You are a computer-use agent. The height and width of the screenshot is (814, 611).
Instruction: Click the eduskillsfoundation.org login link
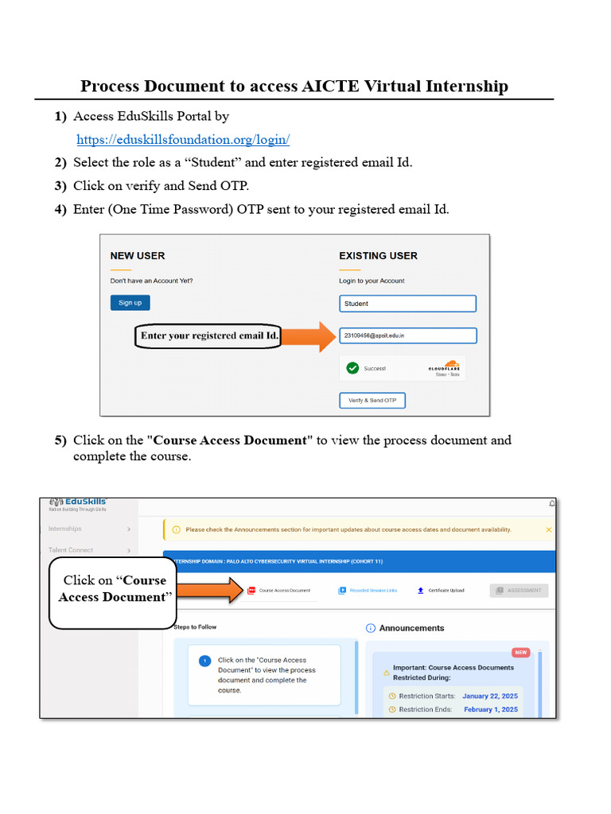[183, 140]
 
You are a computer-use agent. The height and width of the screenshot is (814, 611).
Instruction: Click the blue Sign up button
[130, 303]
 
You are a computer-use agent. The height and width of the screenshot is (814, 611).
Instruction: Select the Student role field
[407, 304]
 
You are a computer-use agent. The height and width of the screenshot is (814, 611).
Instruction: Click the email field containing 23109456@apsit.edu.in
[407, 336]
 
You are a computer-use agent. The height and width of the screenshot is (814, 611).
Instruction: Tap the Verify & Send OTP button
[372, 401]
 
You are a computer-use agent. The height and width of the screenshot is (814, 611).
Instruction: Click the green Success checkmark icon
[352, 368]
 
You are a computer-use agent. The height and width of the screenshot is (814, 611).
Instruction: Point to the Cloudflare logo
[444, 368]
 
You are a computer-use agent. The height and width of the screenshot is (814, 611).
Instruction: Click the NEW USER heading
[138, 256]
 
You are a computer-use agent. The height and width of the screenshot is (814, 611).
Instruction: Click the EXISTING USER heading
[378, 256]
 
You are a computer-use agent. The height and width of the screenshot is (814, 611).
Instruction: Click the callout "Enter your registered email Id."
[209, 336]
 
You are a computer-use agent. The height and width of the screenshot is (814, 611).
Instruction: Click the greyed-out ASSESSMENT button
[519, 591]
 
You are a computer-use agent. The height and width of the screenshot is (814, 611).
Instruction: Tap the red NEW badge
[521, 652]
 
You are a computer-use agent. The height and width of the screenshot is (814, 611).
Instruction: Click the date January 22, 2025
[490, 696]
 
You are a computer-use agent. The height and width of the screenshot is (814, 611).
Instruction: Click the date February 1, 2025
[491, 709]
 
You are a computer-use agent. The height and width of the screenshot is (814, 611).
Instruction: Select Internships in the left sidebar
[65, 529]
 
